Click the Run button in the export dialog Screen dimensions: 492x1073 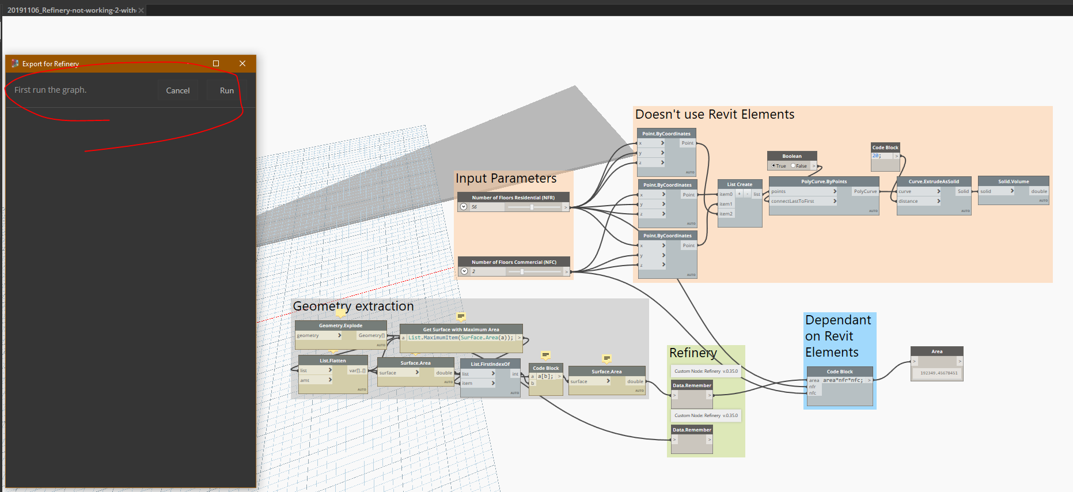point(226,90)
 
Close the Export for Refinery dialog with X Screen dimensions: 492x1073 point(242,63)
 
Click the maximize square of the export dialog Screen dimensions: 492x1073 point(216,63)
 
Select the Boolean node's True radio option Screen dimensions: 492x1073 point(774,166)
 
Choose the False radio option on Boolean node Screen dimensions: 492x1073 point(793,166)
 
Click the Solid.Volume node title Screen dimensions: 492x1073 point(1013,181)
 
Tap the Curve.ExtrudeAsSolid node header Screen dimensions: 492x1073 point(934,181)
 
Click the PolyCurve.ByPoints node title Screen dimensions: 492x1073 point(824,181)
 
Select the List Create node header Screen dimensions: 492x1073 point(740,184)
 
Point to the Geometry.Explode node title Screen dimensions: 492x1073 point(340,326)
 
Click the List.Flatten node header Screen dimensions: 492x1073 point(333,361)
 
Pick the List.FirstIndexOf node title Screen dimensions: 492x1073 point(490,364)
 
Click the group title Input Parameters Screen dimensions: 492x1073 point(506,179)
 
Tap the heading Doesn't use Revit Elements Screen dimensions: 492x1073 point(714,115)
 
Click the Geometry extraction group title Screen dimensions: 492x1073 point(353,306)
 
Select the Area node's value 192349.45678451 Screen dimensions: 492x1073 point(939,373)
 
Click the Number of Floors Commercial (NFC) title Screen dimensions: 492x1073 point(514,262)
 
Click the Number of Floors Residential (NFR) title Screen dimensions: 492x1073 point(513,198)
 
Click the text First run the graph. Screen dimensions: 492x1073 point(51,90)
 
